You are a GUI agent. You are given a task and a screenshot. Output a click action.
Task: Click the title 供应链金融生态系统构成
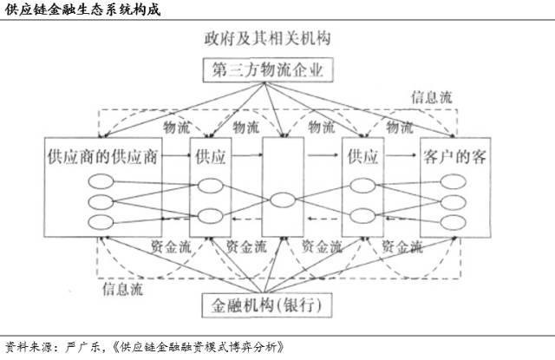click(83, 10)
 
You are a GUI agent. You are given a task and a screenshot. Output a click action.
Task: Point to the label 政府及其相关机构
click(268, 38)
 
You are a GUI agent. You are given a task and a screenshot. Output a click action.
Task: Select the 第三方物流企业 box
click(268, 69)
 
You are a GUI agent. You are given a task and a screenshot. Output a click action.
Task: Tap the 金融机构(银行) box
click(267, 305)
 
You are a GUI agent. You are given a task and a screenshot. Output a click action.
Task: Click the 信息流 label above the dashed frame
click(432, 96)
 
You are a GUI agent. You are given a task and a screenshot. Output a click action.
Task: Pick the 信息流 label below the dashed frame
click(123, 289)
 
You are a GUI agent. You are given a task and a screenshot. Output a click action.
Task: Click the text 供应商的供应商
click(102, 156)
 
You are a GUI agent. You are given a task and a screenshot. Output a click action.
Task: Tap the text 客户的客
click(454, 156)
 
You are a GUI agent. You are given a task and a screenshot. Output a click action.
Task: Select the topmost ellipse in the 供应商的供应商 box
click(101, 181)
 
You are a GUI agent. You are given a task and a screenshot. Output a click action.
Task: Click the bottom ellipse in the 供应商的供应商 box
click(101, 222)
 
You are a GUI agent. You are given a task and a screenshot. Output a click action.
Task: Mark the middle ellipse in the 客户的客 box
click(454, 202)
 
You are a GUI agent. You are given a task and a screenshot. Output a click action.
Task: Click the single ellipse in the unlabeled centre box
click(283, 200)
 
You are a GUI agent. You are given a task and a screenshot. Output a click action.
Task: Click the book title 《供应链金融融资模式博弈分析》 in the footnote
click(198, 347)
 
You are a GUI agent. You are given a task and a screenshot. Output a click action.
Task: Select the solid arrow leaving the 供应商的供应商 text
click(175, 155)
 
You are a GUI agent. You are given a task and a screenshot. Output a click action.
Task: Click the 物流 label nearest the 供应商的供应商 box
click(177, 127)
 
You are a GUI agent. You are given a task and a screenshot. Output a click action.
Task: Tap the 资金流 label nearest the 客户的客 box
click(402, 246)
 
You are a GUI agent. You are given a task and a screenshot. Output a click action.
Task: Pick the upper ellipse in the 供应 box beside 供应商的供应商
click(210, 186)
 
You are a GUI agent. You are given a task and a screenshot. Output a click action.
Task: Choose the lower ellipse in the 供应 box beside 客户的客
click(362, 216)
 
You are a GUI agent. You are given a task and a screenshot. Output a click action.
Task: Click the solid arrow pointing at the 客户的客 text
click(401, 155)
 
